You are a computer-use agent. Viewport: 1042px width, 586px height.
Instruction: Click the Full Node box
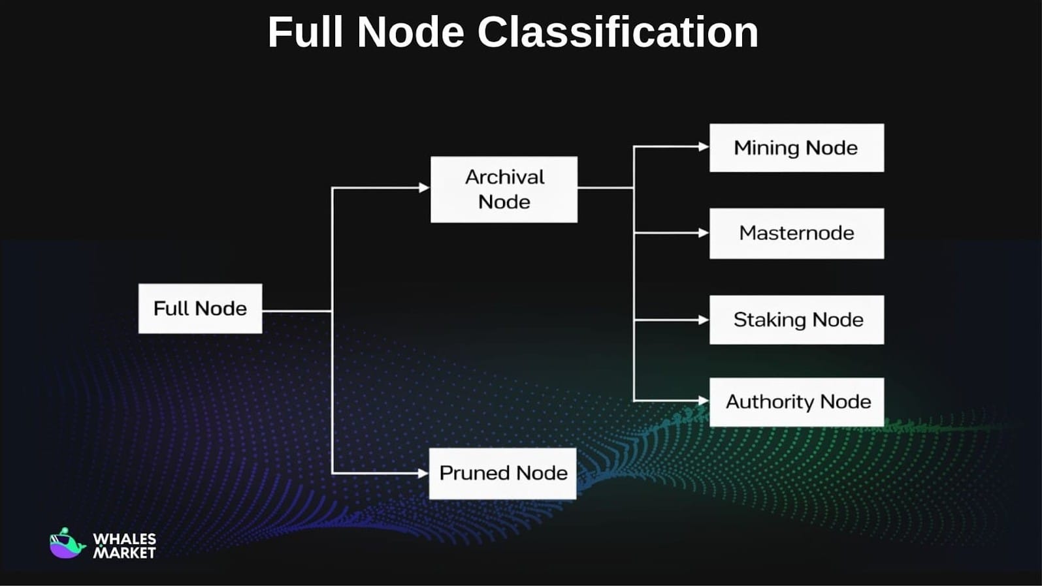[200, 308]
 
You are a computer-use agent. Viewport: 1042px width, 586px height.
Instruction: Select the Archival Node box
[504, 189]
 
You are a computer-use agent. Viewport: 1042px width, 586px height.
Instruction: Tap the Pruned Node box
[502, 473]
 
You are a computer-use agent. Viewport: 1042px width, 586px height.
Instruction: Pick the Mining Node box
[796, 147]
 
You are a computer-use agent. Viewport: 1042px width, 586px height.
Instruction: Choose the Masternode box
[796, 233]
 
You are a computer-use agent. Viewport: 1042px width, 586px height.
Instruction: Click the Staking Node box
[796, 320]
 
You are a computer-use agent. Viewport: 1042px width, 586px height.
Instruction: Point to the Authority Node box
[796, 401]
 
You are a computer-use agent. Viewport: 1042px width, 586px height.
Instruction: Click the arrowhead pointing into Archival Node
[424, 188]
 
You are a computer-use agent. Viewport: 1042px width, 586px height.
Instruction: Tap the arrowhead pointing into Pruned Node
[423, 473]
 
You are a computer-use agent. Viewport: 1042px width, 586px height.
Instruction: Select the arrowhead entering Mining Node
[704, 147]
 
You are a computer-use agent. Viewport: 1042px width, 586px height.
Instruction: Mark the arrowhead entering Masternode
[704, 233]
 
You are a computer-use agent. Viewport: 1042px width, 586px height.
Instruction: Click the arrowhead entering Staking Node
[704, 320]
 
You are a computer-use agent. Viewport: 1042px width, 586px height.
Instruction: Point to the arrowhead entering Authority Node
[704, 401]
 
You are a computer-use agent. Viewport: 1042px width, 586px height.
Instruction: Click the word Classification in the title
[617, 32]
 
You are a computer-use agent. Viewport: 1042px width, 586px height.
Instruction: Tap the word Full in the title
[305, 32]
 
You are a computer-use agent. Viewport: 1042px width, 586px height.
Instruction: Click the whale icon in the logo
[67, 544]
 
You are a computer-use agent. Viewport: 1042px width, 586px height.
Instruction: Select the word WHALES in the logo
[124, 539]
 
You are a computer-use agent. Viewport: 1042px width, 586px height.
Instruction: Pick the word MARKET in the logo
[124, 553]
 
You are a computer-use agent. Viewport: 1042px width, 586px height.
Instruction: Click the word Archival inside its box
[504, 177]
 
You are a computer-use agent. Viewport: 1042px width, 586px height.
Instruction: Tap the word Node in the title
[410, 32]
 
